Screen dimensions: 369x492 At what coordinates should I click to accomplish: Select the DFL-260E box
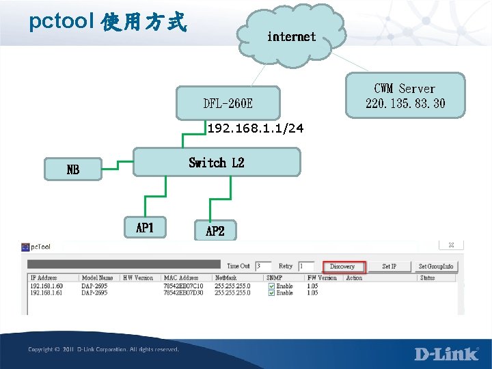coord(228,103)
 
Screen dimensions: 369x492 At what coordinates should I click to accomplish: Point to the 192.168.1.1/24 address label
coord(256,128)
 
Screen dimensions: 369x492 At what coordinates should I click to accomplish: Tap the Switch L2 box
coord(216,163)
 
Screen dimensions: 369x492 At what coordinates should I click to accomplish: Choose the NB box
coord(72,169)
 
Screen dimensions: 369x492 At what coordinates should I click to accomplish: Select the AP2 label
coord(215,231)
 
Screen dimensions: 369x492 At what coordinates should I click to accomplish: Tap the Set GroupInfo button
coord(435,266)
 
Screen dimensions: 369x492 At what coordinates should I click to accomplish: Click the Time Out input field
coord(263,266)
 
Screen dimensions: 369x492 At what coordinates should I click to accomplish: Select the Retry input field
coord(306,266)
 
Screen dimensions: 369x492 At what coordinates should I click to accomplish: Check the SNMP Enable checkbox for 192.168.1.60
coord(271,286)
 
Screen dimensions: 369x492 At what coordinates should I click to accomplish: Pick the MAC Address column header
coord(181,278)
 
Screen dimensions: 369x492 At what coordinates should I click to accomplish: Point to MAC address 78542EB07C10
coord(183,286)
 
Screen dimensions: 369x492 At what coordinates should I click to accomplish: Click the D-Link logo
coord(446,353)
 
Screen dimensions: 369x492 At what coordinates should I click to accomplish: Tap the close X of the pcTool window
coord(452,245)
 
